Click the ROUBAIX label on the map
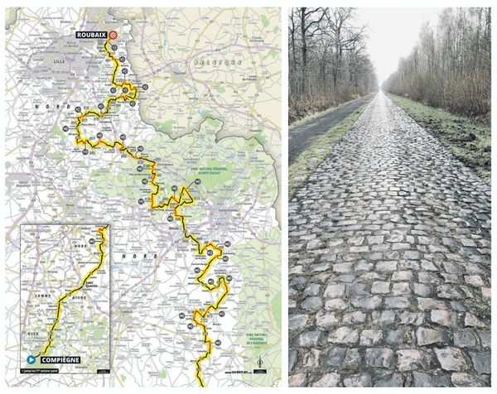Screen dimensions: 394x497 coord(91,35)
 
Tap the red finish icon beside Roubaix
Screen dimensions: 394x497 coord(113,35)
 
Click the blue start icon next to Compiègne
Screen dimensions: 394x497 coord(31,360)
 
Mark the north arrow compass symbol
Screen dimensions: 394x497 coord(259,363)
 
